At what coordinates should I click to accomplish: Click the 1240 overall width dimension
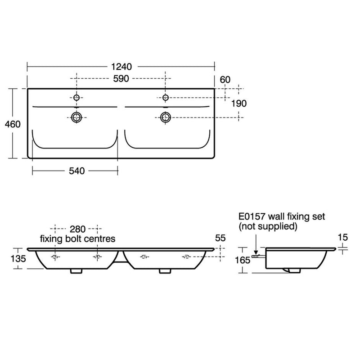(121, 67)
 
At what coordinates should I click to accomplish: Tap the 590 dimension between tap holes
(121, 79)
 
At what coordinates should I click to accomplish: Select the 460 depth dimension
(13, 124)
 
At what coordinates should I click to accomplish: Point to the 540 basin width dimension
(76, 171)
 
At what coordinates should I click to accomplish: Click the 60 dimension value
(225, 80)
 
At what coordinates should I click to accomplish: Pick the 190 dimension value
(239, 103)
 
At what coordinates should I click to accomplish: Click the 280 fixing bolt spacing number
(77, 229)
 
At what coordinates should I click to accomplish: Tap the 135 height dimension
(18, 259)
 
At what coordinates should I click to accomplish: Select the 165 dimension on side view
(243, 260)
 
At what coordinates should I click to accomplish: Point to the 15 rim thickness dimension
(343, 237)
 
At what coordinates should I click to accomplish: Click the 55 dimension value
(220, 238)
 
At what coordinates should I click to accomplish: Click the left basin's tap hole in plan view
(76, 98)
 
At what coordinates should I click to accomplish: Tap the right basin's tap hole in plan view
(166, 98)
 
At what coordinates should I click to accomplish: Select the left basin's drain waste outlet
(76, 117)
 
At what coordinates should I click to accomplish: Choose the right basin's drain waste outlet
(166, 117)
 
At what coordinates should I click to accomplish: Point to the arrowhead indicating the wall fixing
(256, 252)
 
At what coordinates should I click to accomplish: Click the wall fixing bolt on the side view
(259, 256)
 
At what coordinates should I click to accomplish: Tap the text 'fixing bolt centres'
(77, 239)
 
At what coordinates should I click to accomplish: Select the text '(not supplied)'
(268, 226)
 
